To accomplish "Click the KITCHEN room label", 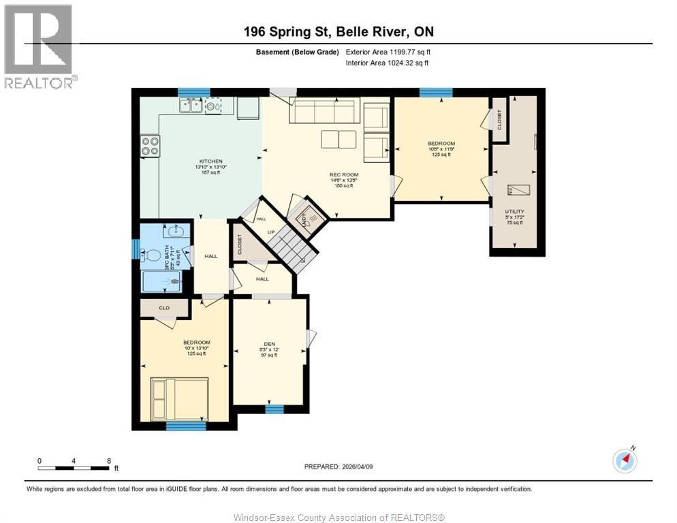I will pyautogui.click(x=211, y=161).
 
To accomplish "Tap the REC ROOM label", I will pyautogui.click(x=344, y=175).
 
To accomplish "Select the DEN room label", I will pyautogui.click(x=270, y=344).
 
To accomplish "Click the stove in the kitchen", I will pyautogui.click(x=150, y=146).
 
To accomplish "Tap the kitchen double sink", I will pyautogui.click(x=191, y=105).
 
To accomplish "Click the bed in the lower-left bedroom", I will pyautogui.click(x=180, y=398).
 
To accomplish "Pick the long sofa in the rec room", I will pyautogui.click(x=324, y=110).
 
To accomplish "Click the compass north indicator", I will pyautogui.click(x=625, y=460).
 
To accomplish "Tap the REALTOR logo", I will pyautogui.click(x=40, y=46).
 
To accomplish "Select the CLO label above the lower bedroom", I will pyautogui.click(x=164, y=308).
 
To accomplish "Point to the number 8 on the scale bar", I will pyautogui.click(x=109, y=460).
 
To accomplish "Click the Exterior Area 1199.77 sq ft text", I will pyautogui.click(x=388, y=52).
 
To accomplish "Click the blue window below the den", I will pyautogui.click(x=274, y=409).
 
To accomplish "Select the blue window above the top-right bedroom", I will pyautogui.click(x=436, y=93).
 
